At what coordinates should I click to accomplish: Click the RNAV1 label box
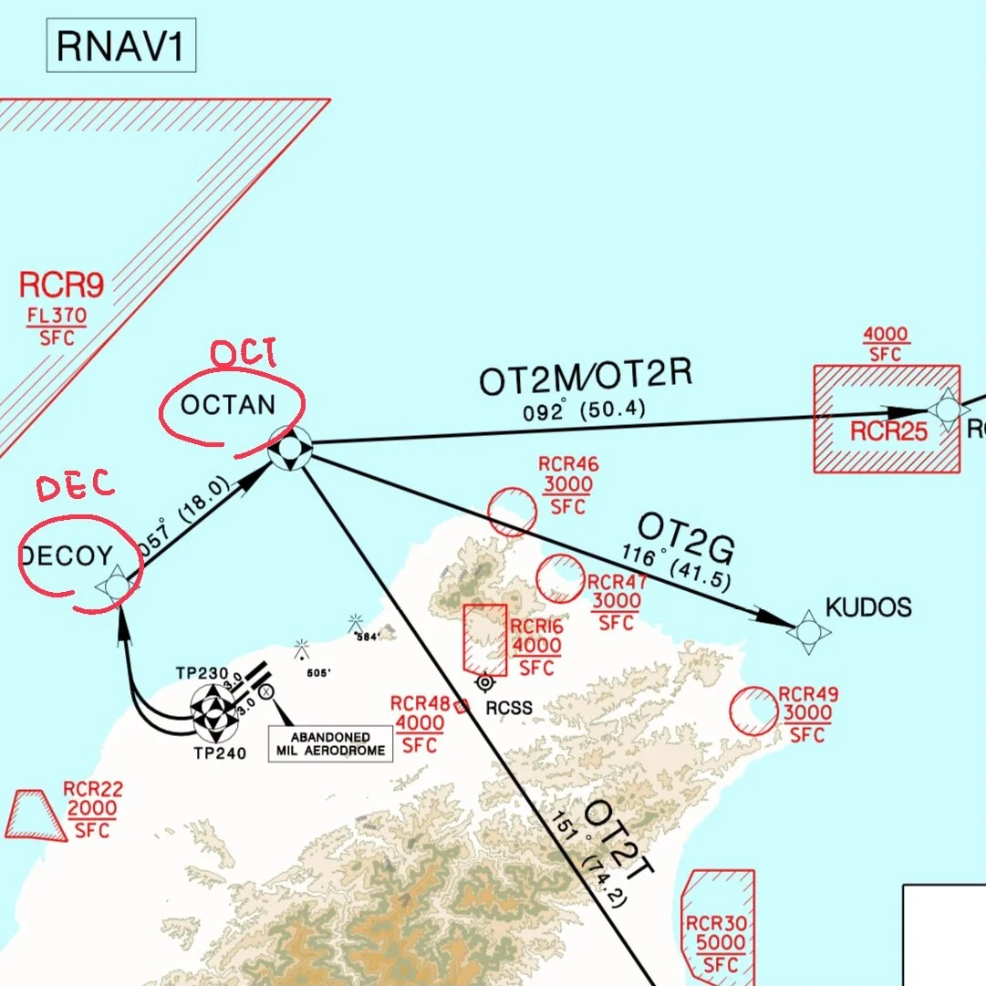[120, 47]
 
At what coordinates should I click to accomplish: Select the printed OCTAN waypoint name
[228, 405]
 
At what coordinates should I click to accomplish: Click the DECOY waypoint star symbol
[118, 585]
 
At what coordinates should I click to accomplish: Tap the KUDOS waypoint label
[867, 607]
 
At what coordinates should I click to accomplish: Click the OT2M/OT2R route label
[585, 378]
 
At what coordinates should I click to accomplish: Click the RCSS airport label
[510, 707]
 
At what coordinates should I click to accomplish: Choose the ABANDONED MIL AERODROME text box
[329, 744]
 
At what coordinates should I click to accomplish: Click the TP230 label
[202, 674]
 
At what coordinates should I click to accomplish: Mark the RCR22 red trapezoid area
[35, 815]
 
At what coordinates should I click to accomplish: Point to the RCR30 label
[716, 924]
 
